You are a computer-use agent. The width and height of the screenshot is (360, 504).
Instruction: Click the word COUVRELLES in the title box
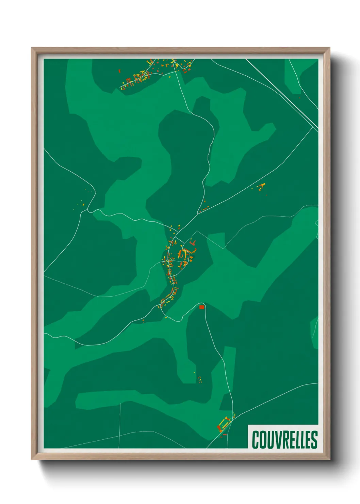click(x=284, y=440)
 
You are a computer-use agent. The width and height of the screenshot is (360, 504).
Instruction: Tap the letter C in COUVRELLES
click(x=255, y=440)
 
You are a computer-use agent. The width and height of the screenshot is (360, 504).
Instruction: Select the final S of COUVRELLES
click(x=314, y=440)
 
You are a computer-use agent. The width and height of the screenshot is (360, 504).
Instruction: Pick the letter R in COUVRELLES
click(x=281, y=440)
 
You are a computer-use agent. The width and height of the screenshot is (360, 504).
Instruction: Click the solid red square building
click(x=201, y=307)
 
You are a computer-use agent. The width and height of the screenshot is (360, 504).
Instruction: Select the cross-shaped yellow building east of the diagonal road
click(x=262, y=185)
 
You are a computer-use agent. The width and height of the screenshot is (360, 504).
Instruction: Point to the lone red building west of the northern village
click(x=119, y=71)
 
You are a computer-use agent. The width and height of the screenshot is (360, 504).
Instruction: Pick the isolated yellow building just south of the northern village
click(x=169, y=77)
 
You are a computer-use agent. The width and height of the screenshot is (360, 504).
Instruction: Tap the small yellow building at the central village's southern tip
click(x=166, y=318)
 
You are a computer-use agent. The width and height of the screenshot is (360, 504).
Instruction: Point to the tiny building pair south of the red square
click(x=200, y=379)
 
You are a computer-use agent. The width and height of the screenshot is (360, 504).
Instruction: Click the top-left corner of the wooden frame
click(x=32, y=48)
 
